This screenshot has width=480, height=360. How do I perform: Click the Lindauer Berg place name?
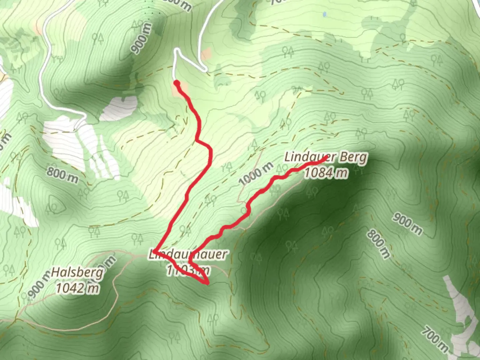click(x=326, y=157)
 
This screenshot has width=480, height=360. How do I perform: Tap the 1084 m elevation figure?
click(x=326, y=172)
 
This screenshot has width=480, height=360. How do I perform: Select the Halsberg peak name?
click(x=77, y=273)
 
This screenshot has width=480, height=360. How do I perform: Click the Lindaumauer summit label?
click(x=188, y=255)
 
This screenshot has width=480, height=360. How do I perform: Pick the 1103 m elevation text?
click(x=188, y=270)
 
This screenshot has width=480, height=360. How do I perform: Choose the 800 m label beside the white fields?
click(x=62, y=175)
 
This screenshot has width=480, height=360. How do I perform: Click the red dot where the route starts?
click(x=177, y=83)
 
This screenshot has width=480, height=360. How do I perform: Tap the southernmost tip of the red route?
click(x=207, y=284)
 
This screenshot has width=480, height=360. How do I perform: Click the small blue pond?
click(x=325, y=14)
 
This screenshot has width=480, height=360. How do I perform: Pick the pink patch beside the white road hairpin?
click(x=206, y=53)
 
